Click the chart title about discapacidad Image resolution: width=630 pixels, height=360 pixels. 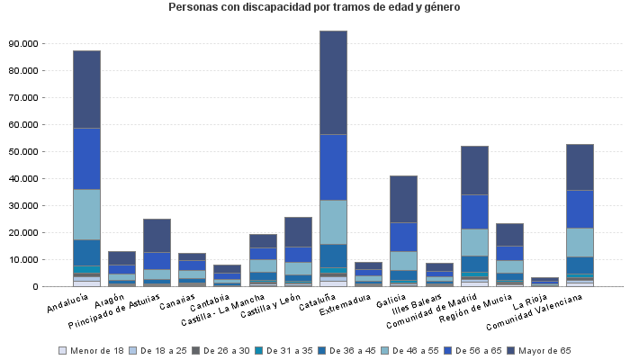[314, 7]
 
